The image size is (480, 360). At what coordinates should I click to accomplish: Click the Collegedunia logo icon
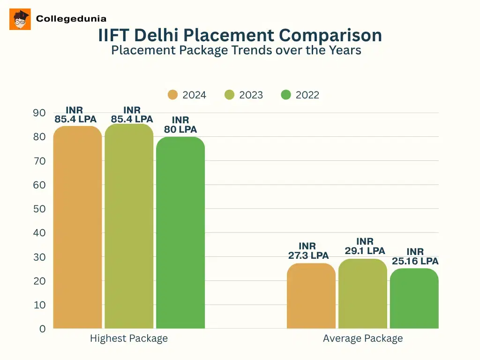(x=20, y=19)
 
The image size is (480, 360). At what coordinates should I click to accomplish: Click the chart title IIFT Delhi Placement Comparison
(x=240, y=35)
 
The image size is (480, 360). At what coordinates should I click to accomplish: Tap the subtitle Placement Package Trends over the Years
(x=236, y=50)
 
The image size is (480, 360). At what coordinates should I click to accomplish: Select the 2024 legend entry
(x=187, y=95)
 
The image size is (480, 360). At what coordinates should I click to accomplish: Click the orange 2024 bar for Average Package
(x=311, y=296)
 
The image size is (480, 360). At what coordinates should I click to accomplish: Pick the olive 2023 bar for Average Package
(x=363, y=294)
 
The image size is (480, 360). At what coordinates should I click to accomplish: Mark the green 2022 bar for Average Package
(x=414, y=299)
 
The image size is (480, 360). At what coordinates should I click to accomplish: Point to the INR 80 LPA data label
(x=180, y=125)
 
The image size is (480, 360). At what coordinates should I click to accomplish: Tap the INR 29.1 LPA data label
(x=365, y=246)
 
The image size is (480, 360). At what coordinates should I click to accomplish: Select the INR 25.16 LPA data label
(x=415, y=256)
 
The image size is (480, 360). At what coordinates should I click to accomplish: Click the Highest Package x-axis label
(x=129, y=338)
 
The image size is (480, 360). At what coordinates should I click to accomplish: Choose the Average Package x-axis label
(x=363, y=338)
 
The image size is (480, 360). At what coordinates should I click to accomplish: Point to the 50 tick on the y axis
(x=39, y=209)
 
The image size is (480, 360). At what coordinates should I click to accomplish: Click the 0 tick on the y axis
(x=43, y=329)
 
